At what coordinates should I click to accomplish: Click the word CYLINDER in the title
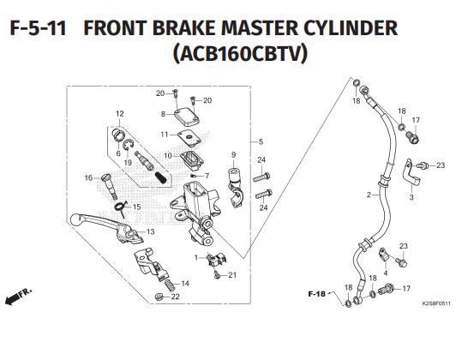pyautogui.click(x=351, y=27)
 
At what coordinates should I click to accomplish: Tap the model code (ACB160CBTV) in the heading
pyautogui.click(x=240, y=53)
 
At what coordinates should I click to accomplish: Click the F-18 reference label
pyautogui.click(x=316, y=294)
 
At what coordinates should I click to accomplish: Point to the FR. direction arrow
pyautogui.click(x=18, y=297)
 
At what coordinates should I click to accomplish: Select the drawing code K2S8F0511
pyautogui.click(x=436, y=303)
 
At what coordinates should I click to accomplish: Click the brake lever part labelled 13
pyautogui.click(x=108, y=227)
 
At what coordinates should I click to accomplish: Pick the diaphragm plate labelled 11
pyautogui.click(x=189, y=138)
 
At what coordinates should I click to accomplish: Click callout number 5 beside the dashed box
pyautogui.click(x=261, y=141)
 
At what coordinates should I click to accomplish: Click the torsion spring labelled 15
pyautogui.click(x=121, y=207)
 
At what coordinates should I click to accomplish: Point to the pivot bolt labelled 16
pyautogui.click(x=110, y=186)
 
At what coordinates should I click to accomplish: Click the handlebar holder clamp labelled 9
pyautogui.click(x=236, y=188)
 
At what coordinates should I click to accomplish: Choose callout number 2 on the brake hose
pyautogui.click(x=369, y=195)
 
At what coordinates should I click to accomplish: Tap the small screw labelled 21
pyautogui.click(x=218, y=275)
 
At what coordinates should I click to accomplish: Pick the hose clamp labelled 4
pyautogui.click(x=383, y=255)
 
